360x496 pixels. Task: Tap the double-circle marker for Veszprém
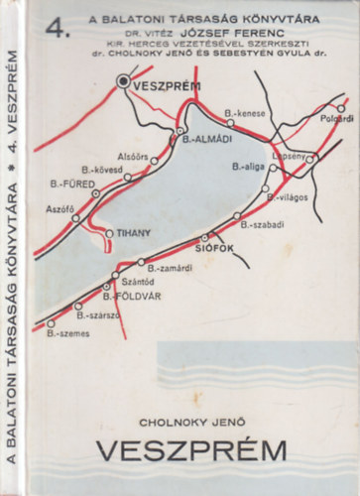click(x=124, y=85)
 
